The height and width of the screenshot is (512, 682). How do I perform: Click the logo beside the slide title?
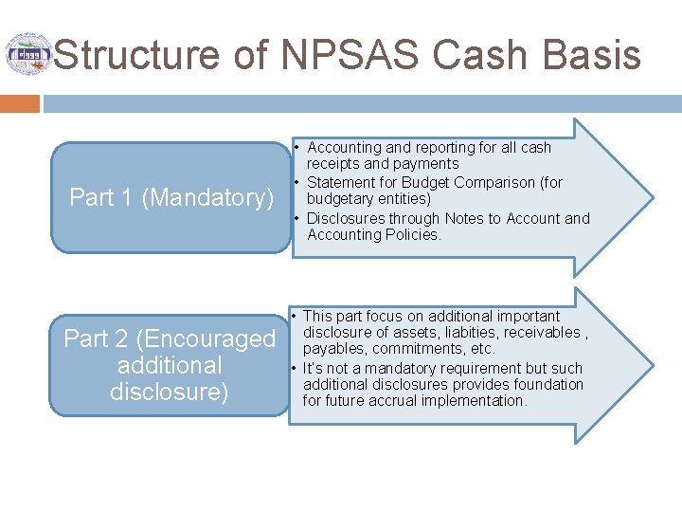(x=28, y=54)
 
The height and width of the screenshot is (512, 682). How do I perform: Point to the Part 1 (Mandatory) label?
(x=171, y=197)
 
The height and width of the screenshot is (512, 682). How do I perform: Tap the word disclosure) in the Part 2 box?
(x=170, y=392)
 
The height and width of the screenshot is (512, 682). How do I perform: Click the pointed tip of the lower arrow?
(x=651, y=365)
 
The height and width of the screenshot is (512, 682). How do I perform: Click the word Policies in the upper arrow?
(x=413, y=235)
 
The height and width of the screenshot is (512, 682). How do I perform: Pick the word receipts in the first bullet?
(x=333, y=164)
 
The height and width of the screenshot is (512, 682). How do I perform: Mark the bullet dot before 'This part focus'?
(x=296, y=316)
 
